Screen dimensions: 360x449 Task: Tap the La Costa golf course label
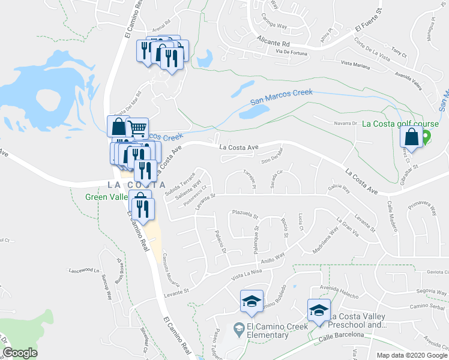[400, 124]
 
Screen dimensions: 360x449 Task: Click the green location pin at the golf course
[426, 137]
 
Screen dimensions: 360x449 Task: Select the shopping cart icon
[138, 127]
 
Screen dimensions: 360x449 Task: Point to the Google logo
[20, 353]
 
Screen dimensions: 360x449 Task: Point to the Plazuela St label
[244, 214]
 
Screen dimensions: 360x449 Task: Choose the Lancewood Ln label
[83, 269]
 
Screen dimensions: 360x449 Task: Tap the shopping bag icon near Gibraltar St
[411, 138]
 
